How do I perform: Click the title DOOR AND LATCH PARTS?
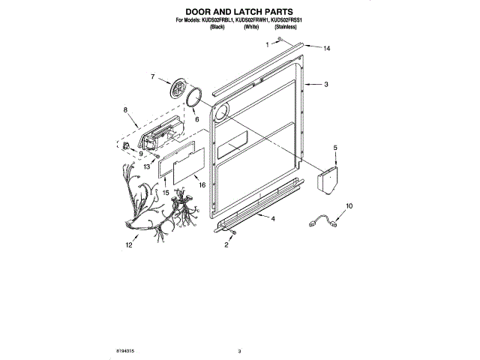coord(239,12)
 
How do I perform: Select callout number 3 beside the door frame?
coord(326,85)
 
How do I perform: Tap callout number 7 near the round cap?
coord(152,76)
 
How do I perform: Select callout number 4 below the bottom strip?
coord(272,218)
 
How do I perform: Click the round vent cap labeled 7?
coord(179,89)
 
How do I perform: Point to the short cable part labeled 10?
coord(324,221)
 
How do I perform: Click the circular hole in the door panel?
coord(221,113)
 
